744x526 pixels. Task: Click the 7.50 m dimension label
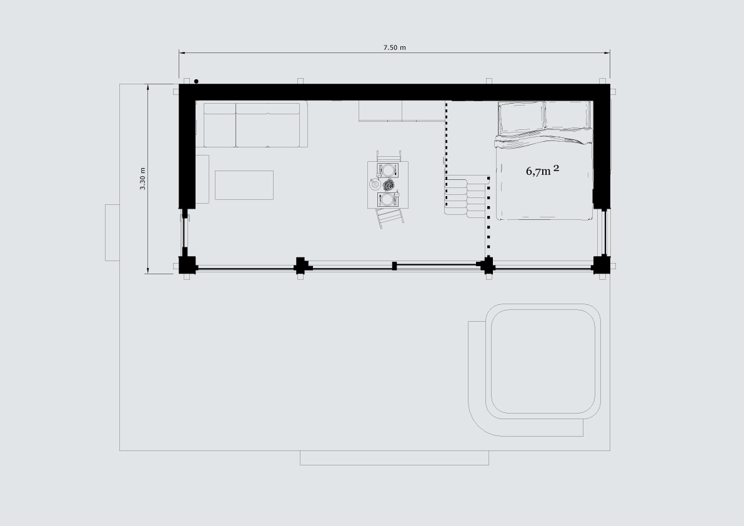(x=394, y=47)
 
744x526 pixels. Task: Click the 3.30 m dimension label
(x=143, y=179)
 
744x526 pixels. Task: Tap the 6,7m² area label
(x=542, y=171)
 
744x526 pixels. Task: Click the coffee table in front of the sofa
(x=244, y=185)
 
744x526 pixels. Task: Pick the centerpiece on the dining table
(x=389, y=184)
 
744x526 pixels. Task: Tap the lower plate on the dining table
(x=388, y=199)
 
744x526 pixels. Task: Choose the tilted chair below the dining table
(x=390, y=217)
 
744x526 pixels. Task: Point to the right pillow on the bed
(x=568, y=114)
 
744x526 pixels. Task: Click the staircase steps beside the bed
(x=467, y=196)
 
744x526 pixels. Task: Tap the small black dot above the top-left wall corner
(x=196, y=82)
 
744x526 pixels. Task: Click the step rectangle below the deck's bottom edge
(x=394, y=458)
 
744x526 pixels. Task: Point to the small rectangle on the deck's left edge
(x=112, y=232)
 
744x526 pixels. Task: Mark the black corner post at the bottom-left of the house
(x=187, y=265)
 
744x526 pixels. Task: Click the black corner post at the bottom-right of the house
(x=602, y=264)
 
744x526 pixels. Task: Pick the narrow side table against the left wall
(x=202, y=179)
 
